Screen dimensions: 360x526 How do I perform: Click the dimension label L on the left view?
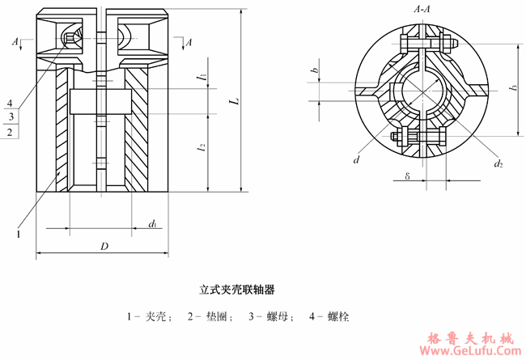231,102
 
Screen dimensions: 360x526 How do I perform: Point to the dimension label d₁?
151,222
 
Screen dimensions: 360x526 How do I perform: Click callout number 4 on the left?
10,104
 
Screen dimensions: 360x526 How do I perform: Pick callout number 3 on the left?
10,117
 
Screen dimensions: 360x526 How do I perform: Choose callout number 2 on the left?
10,131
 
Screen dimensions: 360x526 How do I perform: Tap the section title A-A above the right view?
421,9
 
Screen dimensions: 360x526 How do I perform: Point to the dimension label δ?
407,175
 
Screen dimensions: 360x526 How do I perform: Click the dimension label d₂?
498,164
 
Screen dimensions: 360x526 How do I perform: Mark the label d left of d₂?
356,160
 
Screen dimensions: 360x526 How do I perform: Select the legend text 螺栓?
338,316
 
